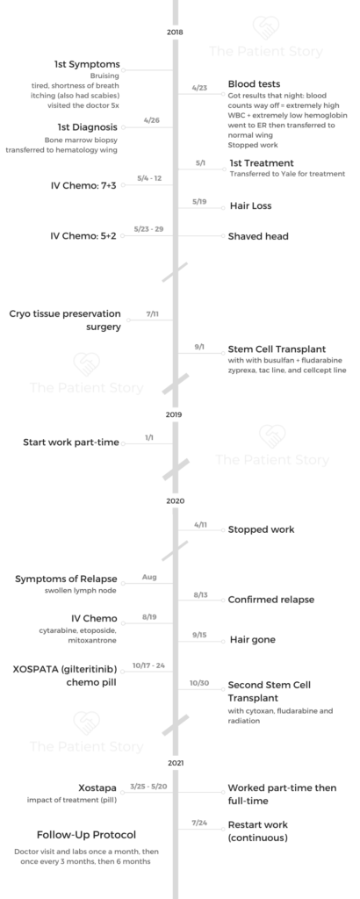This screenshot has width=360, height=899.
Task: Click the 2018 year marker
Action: [175, 32]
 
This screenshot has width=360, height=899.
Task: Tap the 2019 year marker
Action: [175, 414]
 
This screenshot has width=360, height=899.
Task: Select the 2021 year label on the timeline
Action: [176, 763]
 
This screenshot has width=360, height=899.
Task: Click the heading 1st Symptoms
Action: [87, 64]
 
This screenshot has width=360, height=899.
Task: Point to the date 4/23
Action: [199, 89]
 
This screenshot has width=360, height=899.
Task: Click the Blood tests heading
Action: [254, 84]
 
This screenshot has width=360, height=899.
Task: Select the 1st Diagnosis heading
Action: [87, 126]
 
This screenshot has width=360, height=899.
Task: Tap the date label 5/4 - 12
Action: [149, 178]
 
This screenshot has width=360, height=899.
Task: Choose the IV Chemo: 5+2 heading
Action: [83, 235]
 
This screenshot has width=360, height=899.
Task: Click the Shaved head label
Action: [258, 236]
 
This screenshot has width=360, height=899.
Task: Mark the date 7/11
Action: [153, 314]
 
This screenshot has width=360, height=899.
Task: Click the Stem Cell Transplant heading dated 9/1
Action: [277, 349]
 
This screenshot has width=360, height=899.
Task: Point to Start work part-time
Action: [71, 442]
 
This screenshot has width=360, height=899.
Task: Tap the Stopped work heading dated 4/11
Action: [261, 529]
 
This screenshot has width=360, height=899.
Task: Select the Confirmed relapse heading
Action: [271, 600]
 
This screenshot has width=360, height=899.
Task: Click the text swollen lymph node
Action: [81, 591]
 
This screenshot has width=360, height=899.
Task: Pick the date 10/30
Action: [199, 683]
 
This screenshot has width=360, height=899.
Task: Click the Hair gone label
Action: [252, 639]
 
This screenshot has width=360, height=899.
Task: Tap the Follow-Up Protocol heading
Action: [87, 835]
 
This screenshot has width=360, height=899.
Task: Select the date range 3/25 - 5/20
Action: [149, 786]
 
